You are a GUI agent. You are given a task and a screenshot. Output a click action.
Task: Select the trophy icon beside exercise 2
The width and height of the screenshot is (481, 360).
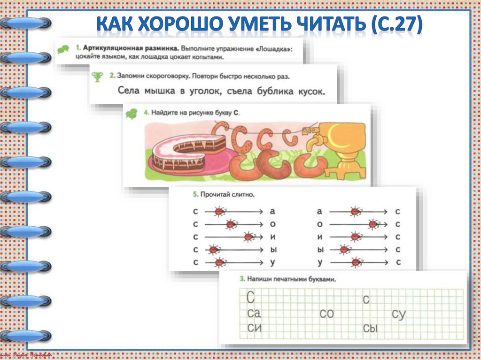98,77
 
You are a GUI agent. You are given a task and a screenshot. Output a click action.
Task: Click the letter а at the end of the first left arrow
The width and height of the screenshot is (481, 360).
273,212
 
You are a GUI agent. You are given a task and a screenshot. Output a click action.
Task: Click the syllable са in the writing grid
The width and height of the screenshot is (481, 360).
254,314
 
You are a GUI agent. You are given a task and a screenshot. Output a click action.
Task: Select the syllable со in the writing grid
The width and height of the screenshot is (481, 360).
326,314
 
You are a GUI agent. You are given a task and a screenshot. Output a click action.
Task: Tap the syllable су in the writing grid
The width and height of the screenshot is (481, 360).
398,314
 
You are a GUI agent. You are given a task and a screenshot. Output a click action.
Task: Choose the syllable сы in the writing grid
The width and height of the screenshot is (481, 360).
371,329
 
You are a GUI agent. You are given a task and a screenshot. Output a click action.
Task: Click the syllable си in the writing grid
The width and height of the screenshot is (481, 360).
254,328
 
